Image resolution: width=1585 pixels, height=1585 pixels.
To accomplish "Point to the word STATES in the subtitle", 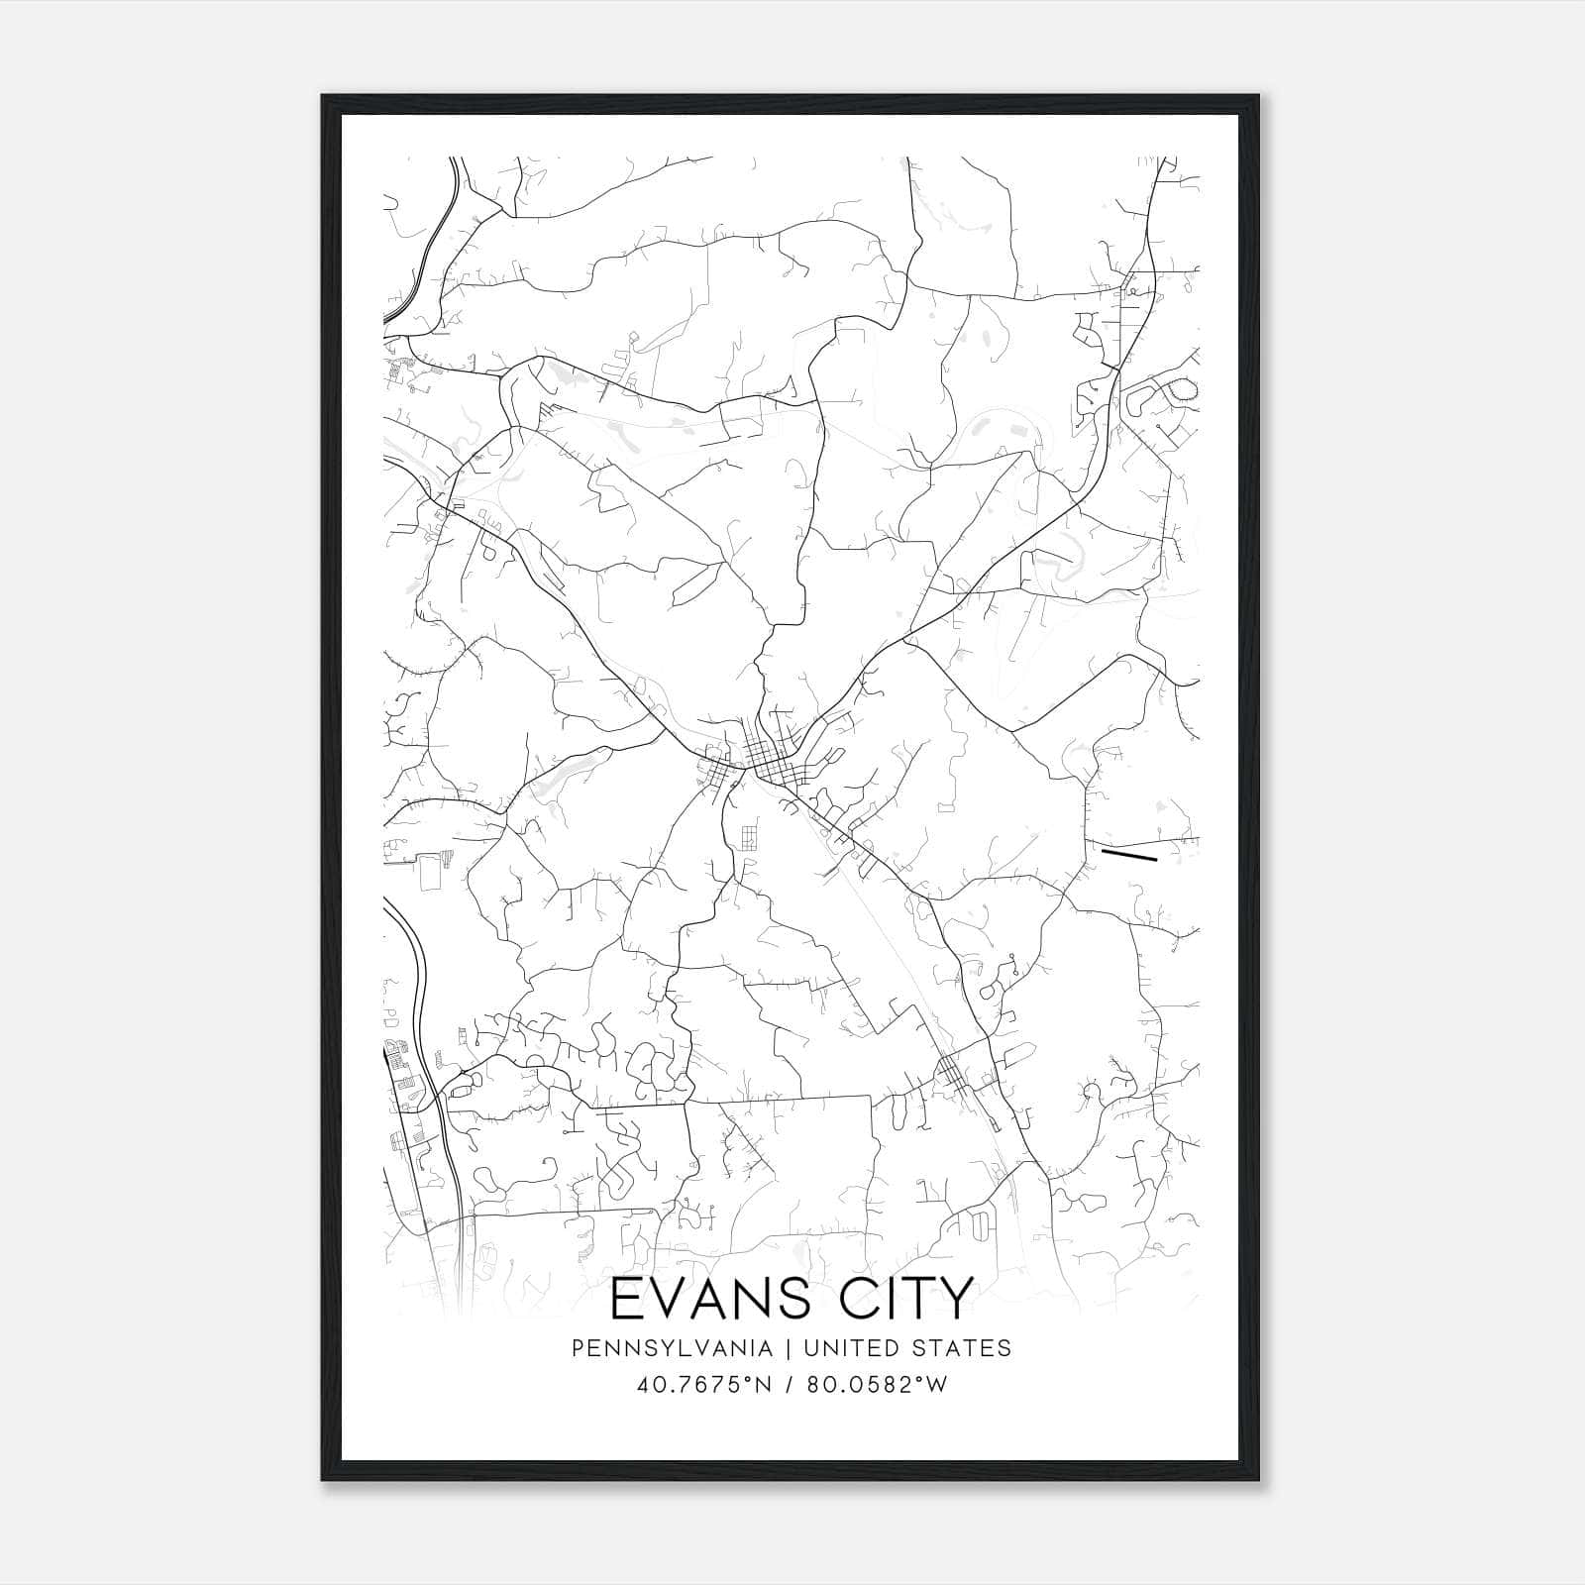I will (x=961, y=1348).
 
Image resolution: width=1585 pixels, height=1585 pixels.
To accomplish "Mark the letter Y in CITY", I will (x=953, y=1300).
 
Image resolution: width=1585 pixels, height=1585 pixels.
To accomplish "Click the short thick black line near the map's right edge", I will (x=1129, y=854).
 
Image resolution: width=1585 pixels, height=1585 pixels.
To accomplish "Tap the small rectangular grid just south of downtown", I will (x=749, y=838).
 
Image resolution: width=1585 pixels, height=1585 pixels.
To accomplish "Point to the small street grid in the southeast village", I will (x=949, y=1070).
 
